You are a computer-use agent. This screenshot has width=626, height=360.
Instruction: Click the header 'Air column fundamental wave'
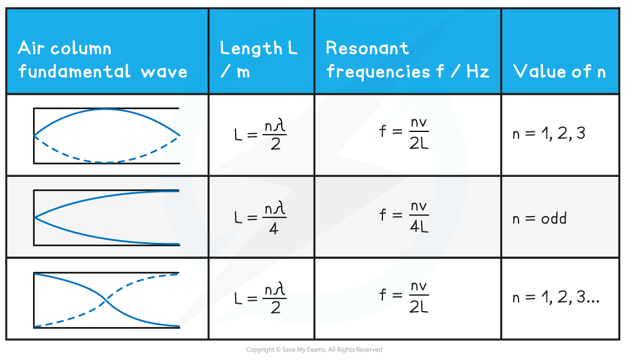(x=102, y=60)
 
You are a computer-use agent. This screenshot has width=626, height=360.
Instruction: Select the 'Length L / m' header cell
(x=258, y=60)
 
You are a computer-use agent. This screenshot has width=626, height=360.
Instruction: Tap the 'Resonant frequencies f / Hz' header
(x=407, y=60)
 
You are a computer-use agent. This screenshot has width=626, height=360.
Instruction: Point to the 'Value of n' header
(x=559, y=72)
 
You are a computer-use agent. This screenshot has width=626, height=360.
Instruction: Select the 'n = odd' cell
(x=539, y=218)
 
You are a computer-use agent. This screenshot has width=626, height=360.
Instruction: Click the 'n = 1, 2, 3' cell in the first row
(x=549, y=134)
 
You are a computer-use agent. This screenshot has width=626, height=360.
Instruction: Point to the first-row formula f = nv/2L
(x=404, y=134)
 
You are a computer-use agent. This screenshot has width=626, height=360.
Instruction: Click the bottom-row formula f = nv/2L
(x=404, y=297)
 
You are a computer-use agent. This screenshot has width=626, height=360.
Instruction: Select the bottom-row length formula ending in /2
(x=260, y=297)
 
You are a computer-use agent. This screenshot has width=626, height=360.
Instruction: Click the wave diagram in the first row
(x=106, y=135)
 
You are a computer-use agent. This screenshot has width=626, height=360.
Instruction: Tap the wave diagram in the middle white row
(x=106, y=217)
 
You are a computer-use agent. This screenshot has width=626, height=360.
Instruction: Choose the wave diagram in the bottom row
(x=106, y=300)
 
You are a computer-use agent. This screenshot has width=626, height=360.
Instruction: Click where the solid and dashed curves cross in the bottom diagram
(x=106, y=300)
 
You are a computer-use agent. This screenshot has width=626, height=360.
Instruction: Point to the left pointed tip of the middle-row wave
(x=35, y=217)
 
